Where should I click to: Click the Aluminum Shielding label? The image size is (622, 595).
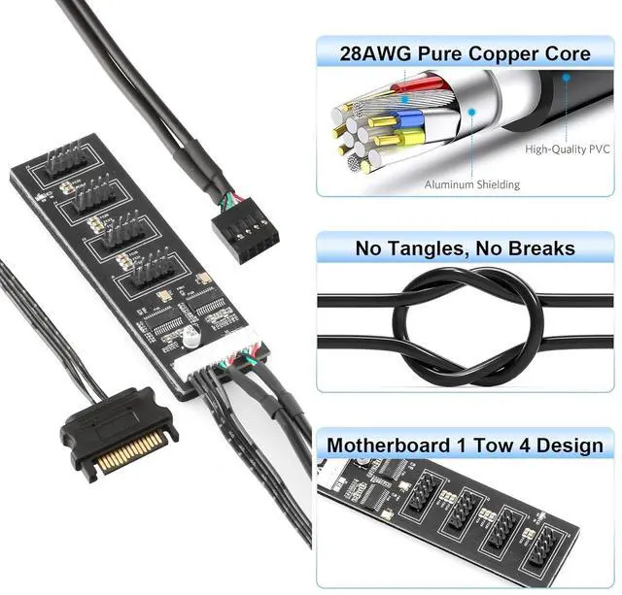471,184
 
